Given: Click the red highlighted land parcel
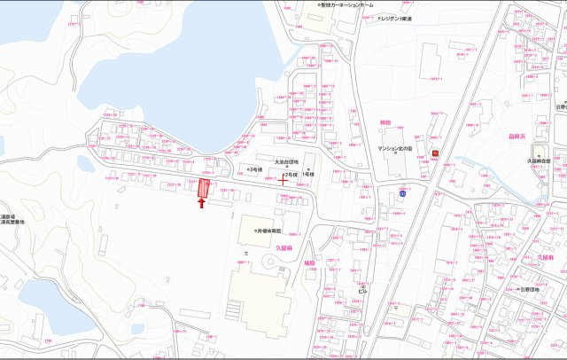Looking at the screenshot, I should tap(204, 189).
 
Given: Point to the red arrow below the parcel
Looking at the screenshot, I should tap(202, 203).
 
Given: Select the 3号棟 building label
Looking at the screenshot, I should tap(255, 168).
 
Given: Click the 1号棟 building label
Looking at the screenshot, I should tap(309, 175).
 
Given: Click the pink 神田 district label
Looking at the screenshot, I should tap(384, 121).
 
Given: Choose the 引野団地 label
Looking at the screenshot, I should tap(531, 288).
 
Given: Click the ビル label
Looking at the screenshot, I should tap(361, 289).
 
